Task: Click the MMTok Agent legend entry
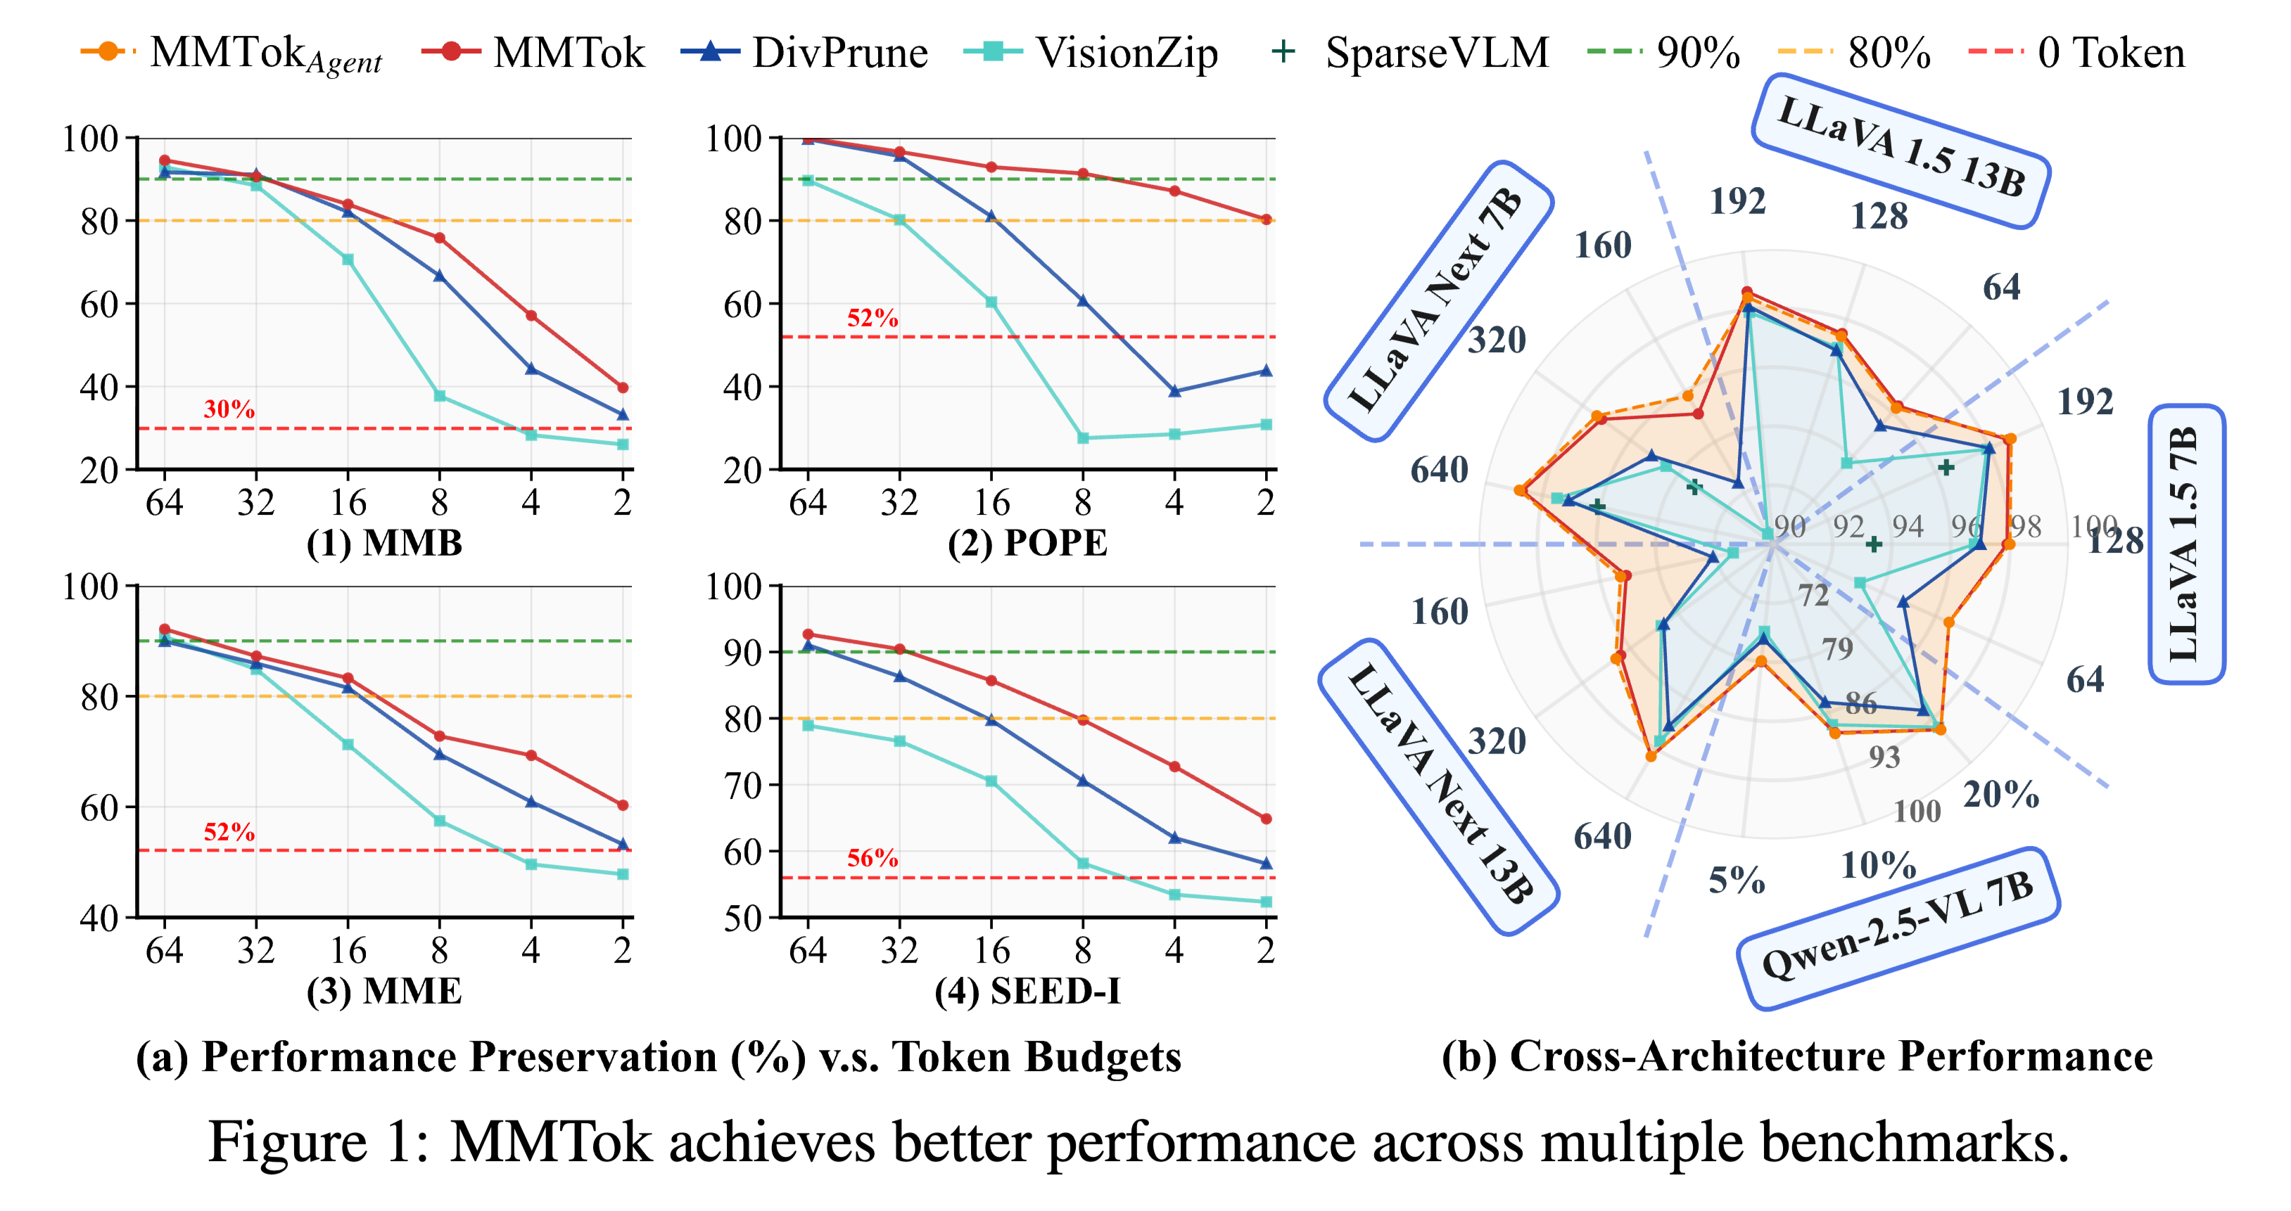tap(231, 53)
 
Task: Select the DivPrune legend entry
tap(804, 53)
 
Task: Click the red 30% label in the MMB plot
tap(229, 409)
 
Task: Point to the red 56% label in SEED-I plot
tap(872, 858)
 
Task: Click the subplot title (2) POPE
tap(1027, 543)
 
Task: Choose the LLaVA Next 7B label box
tap(1438, 300)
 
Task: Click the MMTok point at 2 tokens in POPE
tap(1267, 219)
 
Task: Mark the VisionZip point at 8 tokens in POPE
tap(1082, 438)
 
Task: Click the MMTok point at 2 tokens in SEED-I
tap(1267, 819)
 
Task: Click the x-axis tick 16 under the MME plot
tap(348, 951)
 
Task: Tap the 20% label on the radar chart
tap(2000, 794)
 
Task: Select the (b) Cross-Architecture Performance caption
tap(1796, 1057)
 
